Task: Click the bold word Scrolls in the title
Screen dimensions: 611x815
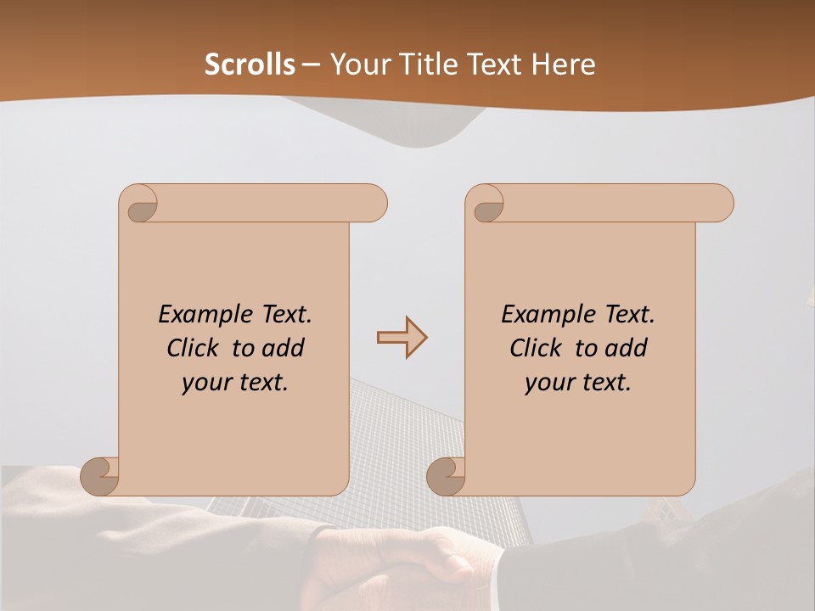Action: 250,64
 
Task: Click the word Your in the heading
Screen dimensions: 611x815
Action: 357,64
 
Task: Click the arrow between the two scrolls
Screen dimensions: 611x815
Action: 402,338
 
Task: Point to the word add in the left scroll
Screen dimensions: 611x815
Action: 283,348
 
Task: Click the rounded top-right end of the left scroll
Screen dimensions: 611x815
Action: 374,204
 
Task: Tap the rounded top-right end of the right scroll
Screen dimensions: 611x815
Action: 720,204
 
